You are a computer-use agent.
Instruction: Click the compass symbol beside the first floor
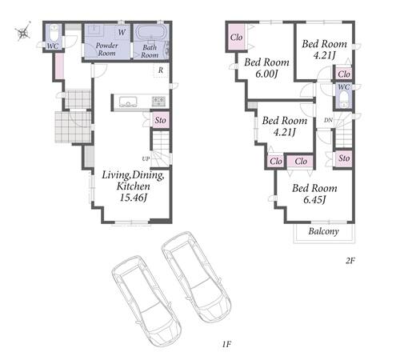tap(23, 32)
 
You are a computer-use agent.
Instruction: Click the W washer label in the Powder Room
tap(122, 32)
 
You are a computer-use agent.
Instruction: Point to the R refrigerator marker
tap(161, 70)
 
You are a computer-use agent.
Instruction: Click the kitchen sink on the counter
tap(128, 102)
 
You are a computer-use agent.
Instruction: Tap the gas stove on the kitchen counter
tap(159, 102)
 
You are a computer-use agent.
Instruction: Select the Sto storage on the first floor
tap(161, 120)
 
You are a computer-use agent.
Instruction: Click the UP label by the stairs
tap(146, 159)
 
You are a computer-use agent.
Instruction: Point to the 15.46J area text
tap(133, 198)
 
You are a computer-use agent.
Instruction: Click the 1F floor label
tap(226, 344)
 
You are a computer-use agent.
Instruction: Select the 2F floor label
tap(350, 261)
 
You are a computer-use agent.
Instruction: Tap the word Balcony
tap(324, 231)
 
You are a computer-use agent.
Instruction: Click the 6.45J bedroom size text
tap(314, 199)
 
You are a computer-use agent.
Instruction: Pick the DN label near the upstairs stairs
tap(328, 120)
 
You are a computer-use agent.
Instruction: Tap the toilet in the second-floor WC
tap(343, 99)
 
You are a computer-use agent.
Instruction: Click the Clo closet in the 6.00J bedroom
tap(236, 38)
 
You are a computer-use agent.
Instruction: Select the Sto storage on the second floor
tap(344, 158)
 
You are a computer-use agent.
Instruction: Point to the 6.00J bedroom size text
tap(266, 74)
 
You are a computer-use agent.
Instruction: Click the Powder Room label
tap(106, 50)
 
